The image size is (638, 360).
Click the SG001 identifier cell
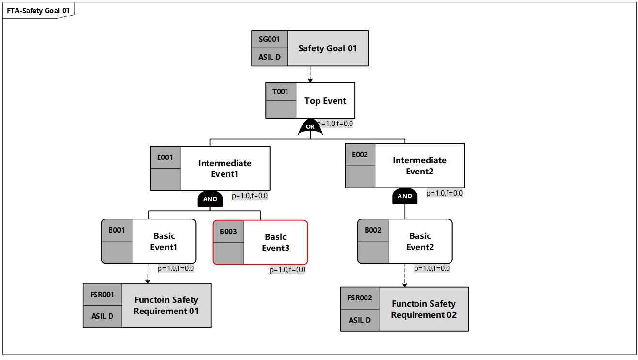[x=270, y=39]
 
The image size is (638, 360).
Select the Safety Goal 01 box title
[x=327, y=48]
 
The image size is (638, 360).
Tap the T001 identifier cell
[x=281, y=92]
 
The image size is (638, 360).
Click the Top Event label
[x=325, y=101]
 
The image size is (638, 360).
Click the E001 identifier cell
[x=165, y=157]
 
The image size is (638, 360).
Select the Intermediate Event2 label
[x=419, y=166]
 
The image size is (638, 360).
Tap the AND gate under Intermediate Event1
[x=210, y=199]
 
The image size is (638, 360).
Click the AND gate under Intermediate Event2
[x=405, y=196]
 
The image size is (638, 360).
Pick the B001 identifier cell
[x=117, y=230]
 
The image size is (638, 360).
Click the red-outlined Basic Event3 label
[x=275, y=243]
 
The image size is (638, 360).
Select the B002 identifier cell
[x=373, y=230]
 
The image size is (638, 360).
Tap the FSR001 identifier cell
[x=102, y=294]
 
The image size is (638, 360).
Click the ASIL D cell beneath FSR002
[x=360, y=320]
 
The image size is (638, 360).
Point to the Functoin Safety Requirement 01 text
[x=166, y=305]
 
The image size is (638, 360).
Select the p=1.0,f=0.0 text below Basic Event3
[x=287, y=270]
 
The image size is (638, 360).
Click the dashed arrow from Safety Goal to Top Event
[x=310, y=74]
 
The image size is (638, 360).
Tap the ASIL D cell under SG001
[x=270, y=57]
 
